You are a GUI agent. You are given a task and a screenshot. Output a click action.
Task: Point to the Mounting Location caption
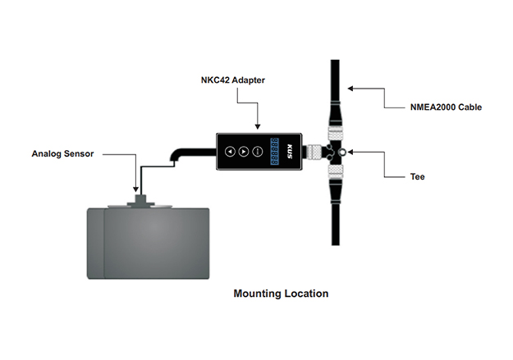pos(281,294)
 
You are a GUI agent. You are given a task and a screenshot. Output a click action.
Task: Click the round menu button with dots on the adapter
pos(258,152)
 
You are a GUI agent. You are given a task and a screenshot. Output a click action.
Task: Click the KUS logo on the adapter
pos(292,152)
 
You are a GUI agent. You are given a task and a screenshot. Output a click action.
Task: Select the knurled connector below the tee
pos(335,171)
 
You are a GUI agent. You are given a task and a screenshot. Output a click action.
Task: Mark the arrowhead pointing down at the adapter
pos(257,126)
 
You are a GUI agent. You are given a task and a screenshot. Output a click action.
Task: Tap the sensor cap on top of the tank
pos(145,199)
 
